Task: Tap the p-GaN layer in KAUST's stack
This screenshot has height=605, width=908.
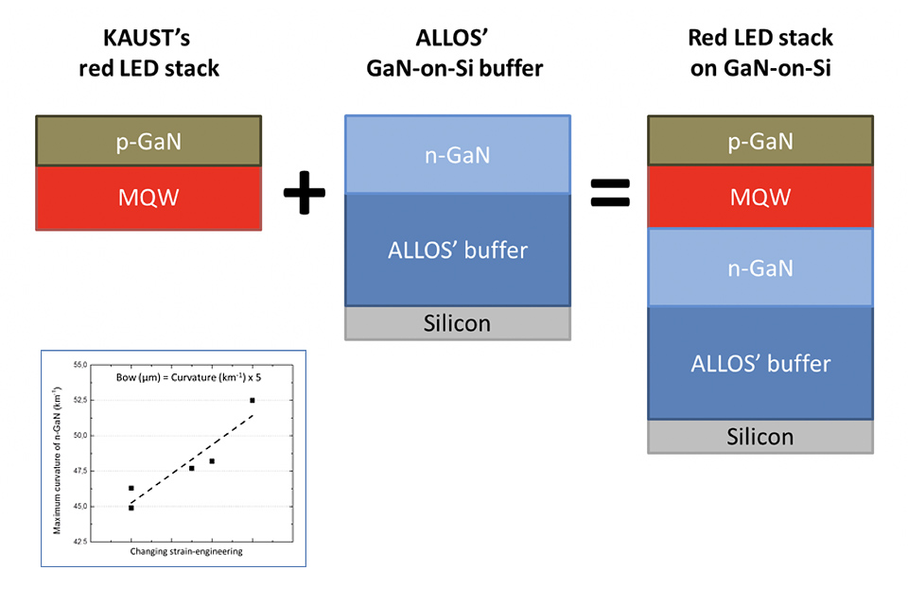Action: [x=148, y=141]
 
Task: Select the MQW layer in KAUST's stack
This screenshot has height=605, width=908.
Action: [x=148, y=198]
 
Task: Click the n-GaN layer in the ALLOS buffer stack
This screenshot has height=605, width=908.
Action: [x=458, y=154]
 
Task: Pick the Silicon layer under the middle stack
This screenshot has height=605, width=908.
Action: [x=458, y=323]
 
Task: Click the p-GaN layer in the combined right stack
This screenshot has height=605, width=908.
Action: [x=760, y=141]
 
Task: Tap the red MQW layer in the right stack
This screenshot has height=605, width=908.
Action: [x=760, y=198]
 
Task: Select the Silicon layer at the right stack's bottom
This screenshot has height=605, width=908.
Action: [x=760, y=436]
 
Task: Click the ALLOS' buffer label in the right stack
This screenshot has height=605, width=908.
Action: [x=760, y=363]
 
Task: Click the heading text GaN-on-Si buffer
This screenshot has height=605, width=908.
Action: [x=457, y=69]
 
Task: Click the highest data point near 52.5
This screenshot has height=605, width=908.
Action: [x=253, y=401]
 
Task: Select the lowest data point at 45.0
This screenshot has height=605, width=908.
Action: [x=131, y=508]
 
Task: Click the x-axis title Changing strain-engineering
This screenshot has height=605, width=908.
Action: [x=184, y=551]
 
